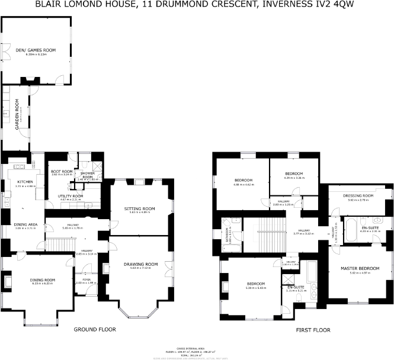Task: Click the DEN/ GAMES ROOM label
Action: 36,50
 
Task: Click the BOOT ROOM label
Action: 61,172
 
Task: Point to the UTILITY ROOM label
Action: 70,196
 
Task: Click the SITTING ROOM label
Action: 140,208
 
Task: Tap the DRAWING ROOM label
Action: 140,263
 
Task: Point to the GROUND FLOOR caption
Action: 94,329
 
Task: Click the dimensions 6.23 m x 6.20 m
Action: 42,284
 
